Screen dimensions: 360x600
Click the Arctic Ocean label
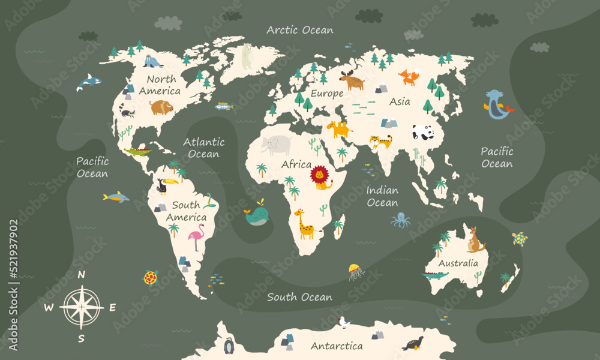300,29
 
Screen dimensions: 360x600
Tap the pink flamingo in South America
196,237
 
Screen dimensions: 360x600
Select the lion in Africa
320,176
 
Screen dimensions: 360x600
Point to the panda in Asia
422,132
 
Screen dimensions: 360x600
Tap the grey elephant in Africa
277,145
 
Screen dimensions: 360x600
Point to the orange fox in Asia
409,77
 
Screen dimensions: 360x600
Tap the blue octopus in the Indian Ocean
401,220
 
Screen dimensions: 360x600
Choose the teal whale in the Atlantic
257,215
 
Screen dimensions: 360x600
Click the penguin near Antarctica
229,346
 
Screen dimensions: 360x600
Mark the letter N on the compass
82,275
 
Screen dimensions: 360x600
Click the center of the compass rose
82,307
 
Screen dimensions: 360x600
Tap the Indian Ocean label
382,196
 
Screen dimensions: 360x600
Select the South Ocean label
299,297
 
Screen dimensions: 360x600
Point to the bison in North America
161,107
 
